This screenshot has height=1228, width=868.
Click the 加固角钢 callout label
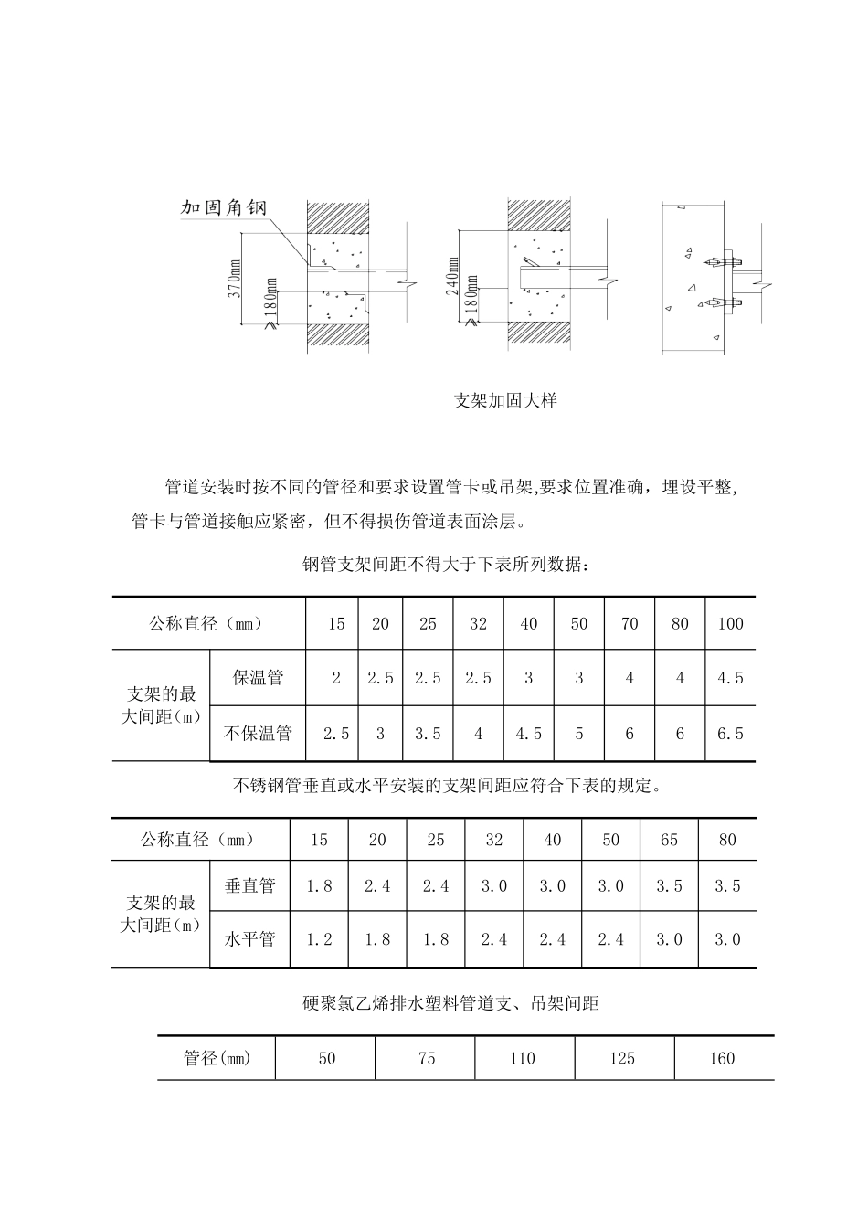(x=223, y=207)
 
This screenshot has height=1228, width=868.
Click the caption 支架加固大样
(x=505, y=400)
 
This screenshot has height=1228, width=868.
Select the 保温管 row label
(x=258, y=678)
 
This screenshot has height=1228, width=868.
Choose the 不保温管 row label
(x=258, y=733)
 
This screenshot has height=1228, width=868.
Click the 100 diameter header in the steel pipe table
(x=730, y=624)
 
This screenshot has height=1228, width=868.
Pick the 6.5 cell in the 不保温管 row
(x=730, y=733)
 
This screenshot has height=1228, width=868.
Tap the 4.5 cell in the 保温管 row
(x=730, y=678)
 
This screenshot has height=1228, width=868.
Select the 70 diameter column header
(x=630, y=624)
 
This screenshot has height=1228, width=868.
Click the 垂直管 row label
(x=249, y=885)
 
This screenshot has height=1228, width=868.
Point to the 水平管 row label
(x=249, y=939)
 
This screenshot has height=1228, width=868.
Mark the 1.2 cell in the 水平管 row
(x=319, y=939)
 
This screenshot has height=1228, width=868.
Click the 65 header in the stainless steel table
(x=669, y=840)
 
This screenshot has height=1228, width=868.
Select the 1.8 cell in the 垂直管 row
(x=319, y=885)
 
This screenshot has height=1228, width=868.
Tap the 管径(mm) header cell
(x=217, y=1058)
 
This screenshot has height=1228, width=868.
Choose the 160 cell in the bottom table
(x=722, y=1058)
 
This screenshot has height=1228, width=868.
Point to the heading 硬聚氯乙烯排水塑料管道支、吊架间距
(x=450, y=1003)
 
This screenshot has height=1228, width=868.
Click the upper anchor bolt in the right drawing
(x=715, y=263)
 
